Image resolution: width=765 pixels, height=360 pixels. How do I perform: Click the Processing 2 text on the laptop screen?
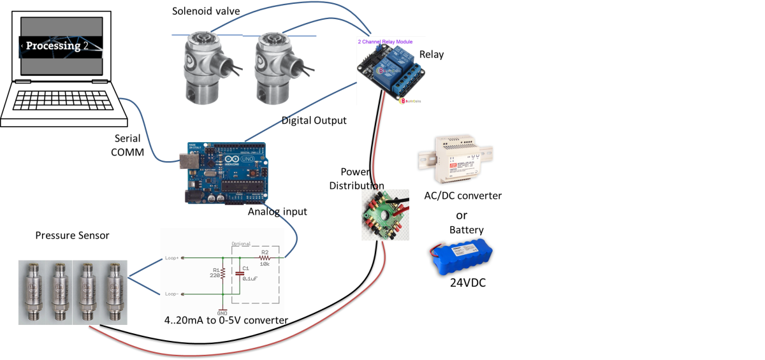click(54, 46)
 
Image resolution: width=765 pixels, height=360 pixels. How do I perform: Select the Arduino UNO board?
click(224, 173)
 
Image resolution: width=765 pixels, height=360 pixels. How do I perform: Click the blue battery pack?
click(462, 255)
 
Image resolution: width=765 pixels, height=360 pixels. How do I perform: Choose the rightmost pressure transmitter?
click(115, 290)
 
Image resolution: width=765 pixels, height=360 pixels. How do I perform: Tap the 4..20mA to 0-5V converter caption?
click(223, 320)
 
